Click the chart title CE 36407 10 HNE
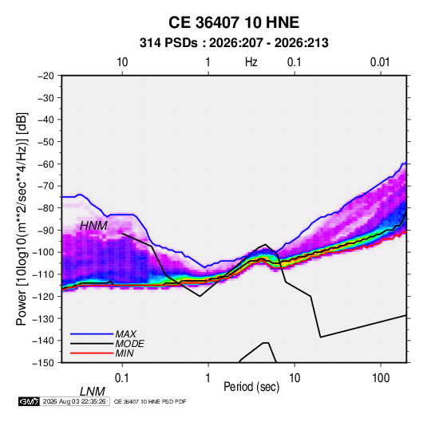tap(234, 22)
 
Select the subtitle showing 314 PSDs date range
tap(234, 43)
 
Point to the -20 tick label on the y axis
tap(45, 76)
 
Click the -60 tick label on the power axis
tap(45, 164)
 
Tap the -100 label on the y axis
tap(43, 252)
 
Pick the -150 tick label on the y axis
tap(43, 363)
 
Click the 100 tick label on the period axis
tap(381, 378)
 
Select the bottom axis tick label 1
tap(208, 378)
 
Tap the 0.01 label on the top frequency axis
tap(380, 62)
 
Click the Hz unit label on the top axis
tap(251, 62)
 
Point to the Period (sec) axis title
tap(251, 387)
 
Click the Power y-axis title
tap(22, 219)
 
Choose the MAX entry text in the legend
tap(125, 334)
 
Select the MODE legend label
tap(129, 344)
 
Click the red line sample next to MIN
tap(92, 353)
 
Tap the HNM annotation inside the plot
tap(93, 226)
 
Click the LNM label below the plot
tap(93, 392)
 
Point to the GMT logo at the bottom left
tap(30, 401)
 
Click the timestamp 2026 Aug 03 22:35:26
tap(74, 401)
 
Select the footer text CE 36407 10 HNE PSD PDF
tap(150, 401)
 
